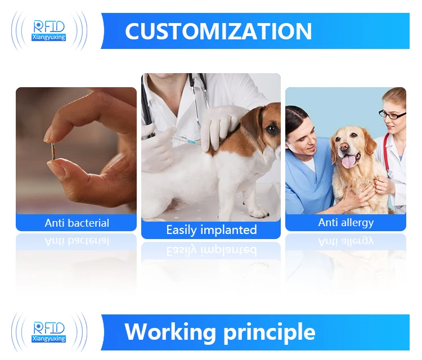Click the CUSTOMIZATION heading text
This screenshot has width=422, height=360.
point(218,31)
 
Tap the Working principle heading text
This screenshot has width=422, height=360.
point(219,331)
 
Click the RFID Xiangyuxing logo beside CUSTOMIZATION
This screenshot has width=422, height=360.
point(50,30)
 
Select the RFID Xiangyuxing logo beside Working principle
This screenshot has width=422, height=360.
point(50,331)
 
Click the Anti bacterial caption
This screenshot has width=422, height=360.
point(77,223)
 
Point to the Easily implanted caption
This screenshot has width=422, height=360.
point(211,230)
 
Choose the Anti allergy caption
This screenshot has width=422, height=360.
point(345,222)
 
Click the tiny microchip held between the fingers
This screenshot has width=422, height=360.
point(52,151)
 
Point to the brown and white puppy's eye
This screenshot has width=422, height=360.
point(271,129)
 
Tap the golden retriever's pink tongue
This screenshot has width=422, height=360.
point(349,161)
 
